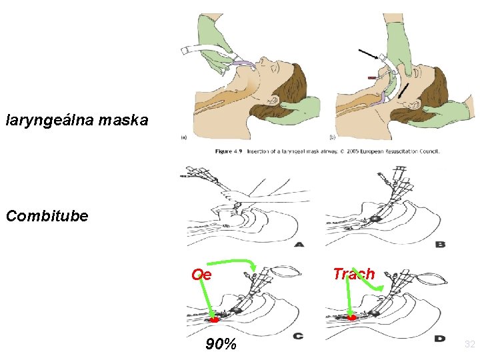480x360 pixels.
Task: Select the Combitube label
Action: pyautogui.click(x=47, y=216)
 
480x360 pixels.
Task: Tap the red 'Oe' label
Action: pyautogui.click(x=201, y=275)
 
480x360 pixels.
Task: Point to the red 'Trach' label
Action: pyautogui.click(x=353, y=274)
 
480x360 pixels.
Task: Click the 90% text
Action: pyautogui.click(x=221, y=344)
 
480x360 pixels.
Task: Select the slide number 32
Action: pyautogui.click(x=469, y=344)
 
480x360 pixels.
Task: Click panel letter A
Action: pyautogui.click(x=299, y=245)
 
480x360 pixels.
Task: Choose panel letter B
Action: pyautogui.click(x=440, y=245)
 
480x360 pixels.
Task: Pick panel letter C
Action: pyautogui.click(x=299, y=336)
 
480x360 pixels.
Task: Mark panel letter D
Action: pyautogui.click(x=440, y=337)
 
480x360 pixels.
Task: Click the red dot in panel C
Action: pyautogui.click(x=215, y=320)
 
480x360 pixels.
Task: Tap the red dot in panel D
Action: pyautogui.click(x=352, y=318)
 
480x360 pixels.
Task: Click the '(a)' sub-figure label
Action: pyautogui.click(x=183, y=138)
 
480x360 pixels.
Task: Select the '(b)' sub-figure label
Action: pyautogui.click(x=339, y=138)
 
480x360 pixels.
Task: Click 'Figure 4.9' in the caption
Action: pyautogui.click(x=229, y=151)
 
